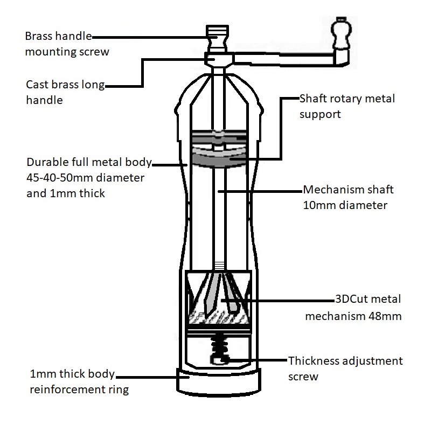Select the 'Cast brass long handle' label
[65, 92]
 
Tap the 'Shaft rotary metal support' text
[347, 107]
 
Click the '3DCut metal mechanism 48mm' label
[353, 308]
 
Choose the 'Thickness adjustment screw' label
[345, 369]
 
